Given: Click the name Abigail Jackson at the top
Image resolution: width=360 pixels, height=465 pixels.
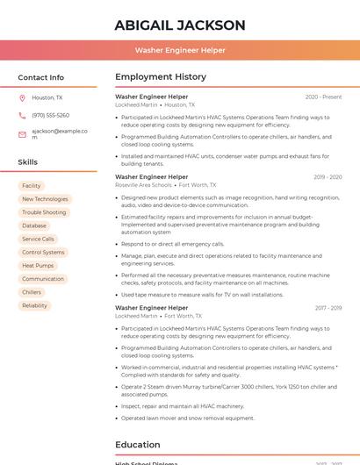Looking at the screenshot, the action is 180,25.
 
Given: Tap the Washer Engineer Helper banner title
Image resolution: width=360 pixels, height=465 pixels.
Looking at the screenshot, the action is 180,50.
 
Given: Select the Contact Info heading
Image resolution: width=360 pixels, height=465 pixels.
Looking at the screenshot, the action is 40,77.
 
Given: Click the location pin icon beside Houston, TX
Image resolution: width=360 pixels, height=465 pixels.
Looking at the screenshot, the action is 22,98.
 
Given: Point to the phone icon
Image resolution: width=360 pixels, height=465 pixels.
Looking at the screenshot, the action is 22,115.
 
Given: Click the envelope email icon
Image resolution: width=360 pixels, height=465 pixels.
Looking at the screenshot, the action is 22,134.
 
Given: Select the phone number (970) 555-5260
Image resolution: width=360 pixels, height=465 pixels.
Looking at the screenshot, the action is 50,115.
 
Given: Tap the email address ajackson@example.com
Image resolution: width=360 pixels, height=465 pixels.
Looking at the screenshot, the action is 59,133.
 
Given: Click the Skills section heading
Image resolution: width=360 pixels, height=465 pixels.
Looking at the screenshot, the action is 27,162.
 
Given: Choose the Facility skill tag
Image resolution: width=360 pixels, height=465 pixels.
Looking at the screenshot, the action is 32,186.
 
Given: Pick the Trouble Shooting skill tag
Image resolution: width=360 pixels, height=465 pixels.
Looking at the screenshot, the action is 44,212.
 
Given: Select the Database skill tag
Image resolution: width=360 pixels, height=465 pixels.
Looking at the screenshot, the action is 34,225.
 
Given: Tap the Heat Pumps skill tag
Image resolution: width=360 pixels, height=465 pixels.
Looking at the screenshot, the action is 38,265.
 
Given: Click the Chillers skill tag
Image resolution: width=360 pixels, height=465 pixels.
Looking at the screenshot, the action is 32,292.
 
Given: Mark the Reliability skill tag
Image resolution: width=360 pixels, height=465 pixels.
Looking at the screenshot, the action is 35,305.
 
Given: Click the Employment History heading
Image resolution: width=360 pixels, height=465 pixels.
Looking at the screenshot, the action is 160,77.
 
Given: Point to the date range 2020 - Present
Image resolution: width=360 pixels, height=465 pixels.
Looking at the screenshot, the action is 323,97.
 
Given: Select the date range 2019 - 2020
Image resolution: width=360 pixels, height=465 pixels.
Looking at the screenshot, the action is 327,177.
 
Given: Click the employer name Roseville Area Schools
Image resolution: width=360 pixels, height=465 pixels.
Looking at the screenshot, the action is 143,185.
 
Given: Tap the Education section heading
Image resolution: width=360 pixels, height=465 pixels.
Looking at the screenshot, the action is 137,445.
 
